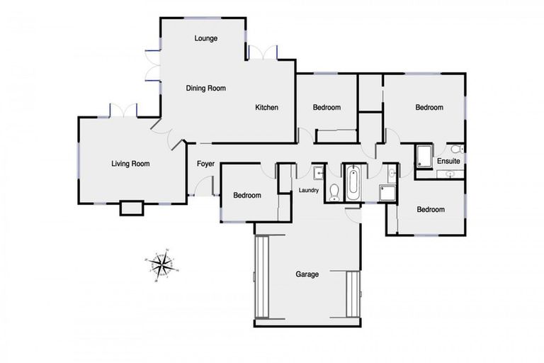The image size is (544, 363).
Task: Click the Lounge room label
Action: pyautogui.click(x=205, y=38)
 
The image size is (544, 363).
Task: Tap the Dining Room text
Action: pyautogui.click(x=205, y=89)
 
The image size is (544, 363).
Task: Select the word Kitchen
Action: pyautogui.click(x=266, y=108)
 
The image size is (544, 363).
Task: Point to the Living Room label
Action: pyautogui.click(x=130, y=164)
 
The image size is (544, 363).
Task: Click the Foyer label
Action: pyautogui.click(x=205, y=164)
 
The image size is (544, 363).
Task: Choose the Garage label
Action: pyautogui.click(x=307, y=274)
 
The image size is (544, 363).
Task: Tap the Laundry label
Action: pyautogui.click(x=309, y=190)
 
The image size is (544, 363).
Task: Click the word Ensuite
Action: pyautogui.click(x=448, y=161)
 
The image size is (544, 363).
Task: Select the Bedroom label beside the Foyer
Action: pyautogui.click(x=247, y=196)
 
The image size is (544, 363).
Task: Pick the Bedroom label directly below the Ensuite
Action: pyautogui.click(x=430, y=209)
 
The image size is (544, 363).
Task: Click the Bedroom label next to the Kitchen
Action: pyautogui.click(x=327, y=108)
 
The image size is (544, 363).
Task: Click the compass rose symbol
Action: pyautogui.click(x=163, y=264)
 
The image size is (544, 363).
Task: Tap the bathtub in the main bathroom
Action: pyautogui.click(x=353, y=183)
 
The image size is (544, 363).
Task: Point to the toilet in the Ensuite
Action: pyautogui.click(x=456, y=149)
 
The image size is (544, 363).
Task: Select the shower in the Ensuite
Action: pyautogui.click(x=424, y=157)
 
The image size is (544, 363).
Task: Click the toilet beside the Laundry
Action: pyautogui.click(x=334, y=190)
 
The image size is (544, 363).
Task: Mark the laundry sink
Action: pyautogui.click(x=319, y=172)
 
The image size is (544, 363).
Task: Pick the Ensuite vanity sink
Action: pyautogui.click(x=449, y=172)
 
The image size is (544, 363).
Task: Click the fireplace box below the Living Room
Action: pyautogui.click(x=131, y=208)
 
